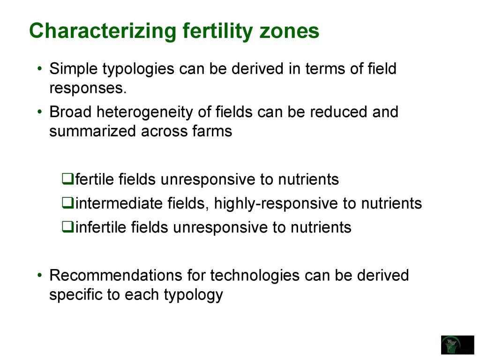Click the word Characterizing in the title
(x=103, y=31)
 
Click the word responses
(x=88, y=89)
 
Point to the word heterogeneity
(x=145, y=112)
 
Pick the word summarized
(x=92, y=131)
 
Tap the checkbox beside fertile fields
(x=67, y=179)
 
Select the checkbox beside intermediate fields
(x=67, y=202)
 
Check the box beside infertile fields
(x=67, y=227)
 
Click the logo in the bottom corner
(x=457, y=345)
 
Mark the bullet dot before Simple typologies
(x=39, y=68)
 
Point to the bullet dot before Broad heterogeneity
(x=39, y=112)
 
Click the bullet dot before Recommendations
(x=39, y=275)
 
